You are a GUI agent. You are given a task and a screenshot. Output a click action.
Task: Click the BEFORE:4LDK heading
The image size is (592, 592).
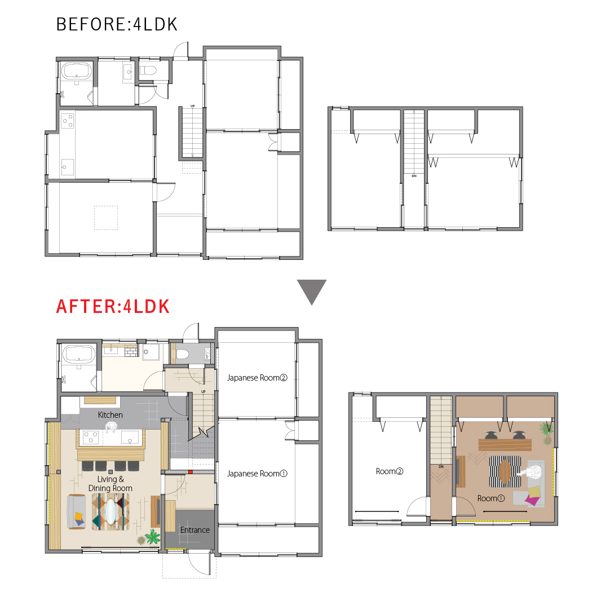[x=117, y=25]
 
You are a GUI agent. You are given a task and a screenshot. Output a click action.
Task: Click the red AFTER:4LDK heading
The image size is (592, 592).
[x=113, y=307]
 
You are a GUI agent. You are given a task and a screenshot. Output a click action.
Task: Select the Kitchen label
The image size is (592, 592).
[x=111, y=414]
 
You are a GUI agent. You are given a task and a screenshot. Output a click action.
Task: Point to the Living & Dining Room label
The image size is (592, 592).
[x=111, y=484]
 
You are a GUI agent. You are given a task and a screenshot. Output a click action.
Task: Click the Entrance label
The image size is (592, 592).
[x=195, y=530]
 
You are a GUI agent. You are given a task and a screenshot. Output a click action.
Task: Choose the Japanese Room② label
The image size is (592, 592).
[x=257, y=378]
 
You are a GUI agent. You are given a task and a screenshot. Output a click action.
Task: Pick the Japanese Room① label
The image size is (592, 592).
[x=257, y=474]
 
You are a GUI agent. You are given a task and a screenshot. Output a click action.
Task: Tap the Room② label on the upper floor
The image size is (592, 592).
[x=390, y=471]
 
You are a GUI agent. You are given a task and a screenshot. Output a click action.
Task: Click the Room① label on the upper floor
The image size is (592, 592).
[x=491, y=498]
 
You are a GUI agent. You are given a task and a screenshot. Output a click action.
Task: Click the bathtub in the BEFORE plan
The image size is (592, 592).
[x=77, y=71]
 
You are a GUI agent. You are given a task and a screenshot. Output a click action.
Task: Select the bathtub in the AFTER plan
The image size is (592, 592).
[x=79, y=354]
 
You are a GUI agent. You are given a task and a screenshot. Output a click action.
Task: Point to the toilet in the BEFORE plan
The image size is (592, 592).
[x=148, y=70]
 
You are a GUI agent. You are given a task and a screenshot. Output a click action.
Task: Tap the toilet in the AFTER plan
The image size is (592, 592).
[x=182, y=354]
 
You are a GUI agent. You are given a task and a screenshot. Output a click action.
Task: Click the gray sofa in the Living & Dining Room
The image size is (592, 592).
[x=76, y=512]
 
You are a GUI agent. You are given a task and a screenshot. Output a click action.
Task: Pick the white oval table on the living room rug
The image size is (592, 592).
[x=111, y=511]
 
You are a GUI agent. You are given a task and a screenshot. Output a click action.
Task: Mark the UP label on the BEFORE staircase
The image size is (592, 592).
[x=193, y=106]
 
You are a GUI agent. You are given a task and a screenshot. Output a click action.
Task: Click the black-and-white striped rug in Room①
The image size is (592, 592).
[x=505, y=471]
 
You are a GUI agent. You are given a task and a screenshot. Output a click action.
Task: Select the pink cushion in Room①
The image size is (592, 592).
[x=533, y=501]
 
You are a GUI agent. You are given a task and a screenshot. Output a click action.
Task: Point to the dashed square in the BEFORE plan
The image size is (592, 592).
[x=106, y=218]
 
